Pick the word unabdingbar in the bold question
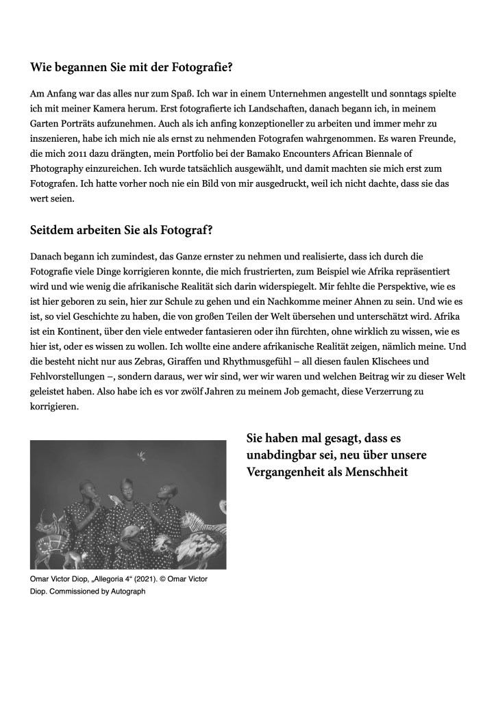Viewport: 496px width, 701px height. point(280,455)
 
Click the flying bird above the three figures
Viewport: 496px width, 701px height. point(142,453)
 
